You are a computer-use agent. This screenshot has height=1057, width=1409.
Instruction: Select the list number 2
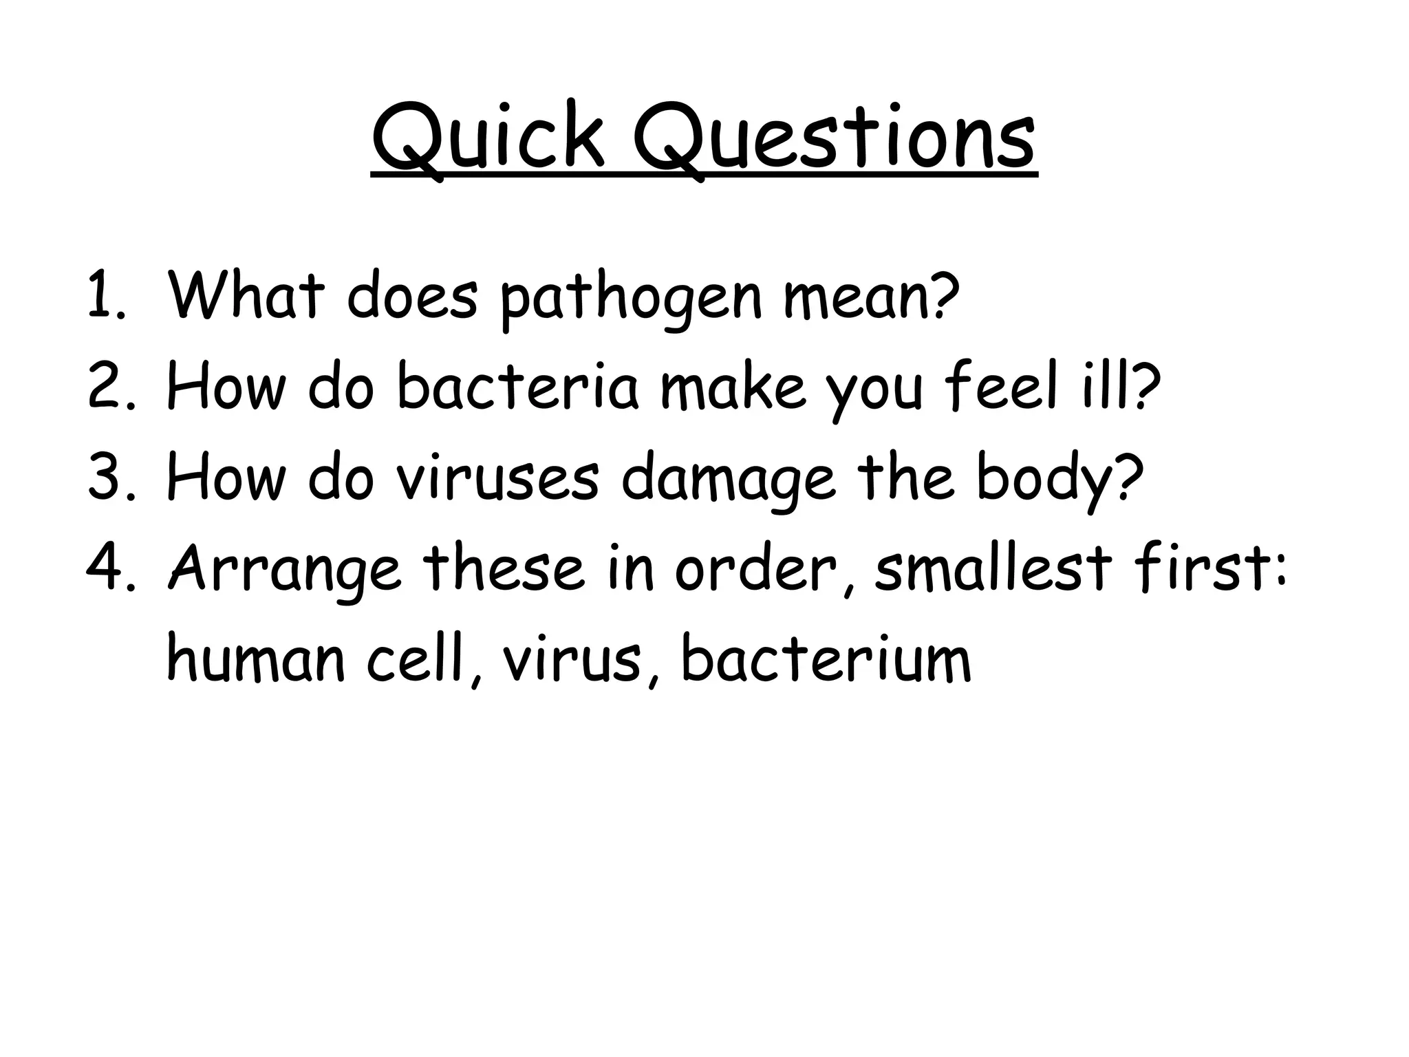point(105,387)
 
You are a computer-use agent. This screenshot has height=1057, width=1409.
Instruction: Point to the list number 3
point(105,478)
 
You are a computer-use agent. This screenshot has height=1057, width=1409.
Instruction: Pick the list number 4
point(105,568)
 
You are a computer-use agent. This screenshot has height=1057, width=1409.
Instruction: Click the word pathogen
point(630,299)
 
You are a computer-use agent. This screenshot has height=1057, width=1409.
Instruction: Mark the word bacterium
point(826,659)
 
